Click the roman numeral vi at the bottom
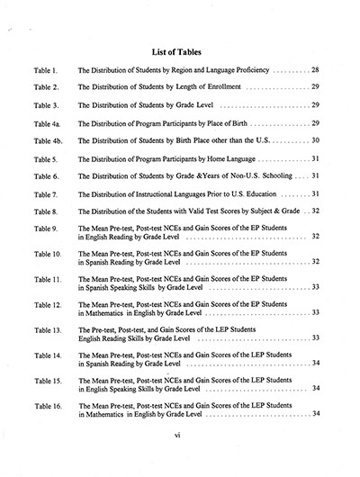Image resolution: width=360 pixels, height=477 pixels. tap(180, 458)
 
